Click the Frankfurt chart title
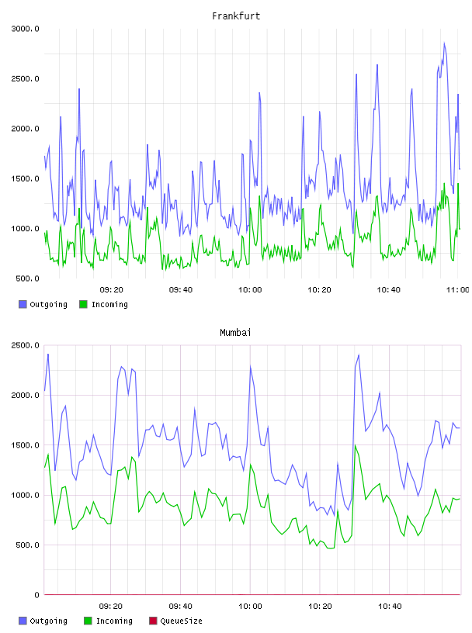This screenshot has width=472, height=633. (x=236, y=16)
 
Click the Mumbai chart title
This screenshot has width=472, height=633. (x=235, y=332)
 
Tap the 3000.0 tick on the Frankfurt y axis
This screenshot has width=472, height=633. (x=25, y=29)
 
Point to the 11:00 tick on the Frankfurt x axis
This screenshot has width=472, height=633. (x=457, y=289)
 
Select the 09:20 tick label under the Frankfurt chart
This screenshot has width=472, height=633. (x=111, y=289)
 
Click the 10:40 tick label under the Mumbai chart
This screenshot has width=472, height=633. (x=390, y=606)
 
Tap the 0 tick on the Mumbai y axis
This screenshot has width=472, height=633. (x=36, y=595)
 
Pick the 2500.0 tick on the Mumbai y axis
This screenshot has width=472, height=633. (x=25, y=345)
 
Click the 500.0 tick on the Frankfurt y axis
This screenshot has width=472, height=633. (x=27, y=278)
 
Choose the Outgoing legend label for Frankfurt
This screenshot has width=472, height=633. (x=48, y=304)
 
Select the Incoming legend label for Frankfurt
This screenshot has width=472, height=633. (x=109, y=304)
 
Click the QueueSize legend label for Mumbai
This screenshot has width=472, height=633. (x=181, y=621)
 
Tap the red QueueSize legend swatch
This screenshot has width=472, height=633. (x=153, y=621)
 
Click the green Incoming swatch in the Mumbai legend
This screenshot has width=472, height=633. (x=88, y=621)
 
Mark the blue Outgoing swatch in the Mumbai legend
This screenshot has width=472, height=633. (x=23, y=621)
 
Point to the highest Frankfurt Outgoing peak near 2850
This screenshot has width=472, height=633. (x=444, y=43)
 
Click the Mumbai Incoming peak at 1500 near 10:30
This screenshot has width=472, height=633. (x=356, y=445)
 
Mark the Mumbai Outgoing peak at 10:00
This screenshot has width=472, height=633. (x=251, y=367)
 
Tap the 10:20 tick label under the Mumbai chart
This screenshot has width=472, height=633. (x=320, y=606)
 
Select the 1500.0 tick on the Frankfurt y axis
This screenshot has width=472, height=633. (x=25, y=179)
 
